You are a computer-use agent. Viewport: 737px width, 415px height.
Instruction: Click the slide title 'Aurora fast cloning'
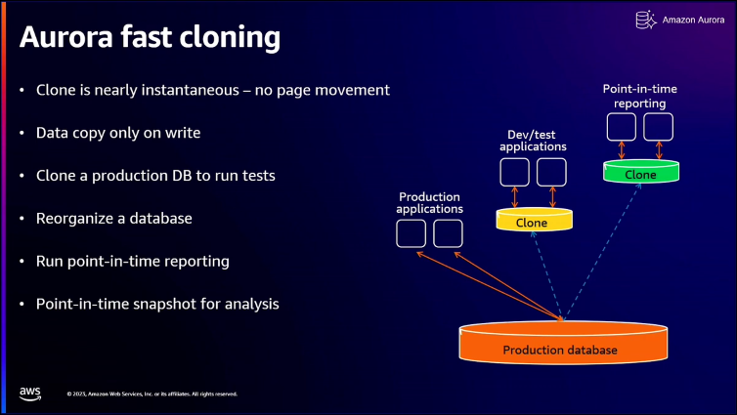click(150, 37)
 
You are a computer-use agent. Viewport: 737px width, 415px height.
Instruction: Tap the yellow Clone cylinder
click(532, 221)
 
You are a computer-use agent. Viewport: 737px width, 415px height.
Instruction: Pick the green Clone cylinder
click(640, 173)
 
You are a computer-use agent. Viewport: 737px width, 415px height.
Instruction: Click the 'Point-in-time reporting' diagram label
click(640, 96)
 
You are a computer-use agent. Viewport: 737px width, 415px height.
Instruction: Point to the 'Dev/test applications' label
click(533, 140)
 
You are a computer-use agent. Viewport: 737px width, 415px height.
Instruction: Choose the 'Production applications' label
click(429, 202)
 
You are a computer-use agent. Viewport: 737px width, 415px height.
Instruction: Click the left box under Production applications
click(411, 233)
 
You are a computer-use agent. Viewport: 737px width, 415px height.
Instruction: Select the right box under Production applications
click(448, 233)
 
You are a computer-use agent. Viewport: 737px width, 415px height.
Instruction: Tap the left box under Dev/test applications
click(514, 172)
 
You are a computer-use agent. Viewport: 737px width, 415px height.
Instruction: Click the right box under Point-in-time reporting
click(659, 126)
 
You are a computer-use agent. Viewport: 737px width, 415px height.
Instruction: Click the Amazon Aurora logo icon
click(644, 20)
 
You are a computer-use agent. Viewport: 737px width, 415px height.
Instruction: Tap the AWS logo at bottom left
click(30, 393)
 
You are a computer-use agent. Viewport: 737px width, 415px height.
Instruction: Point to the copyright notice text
click(152, 394)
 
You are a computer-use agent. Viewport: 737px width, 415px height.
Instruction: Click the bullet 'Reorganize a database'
click(113, 218)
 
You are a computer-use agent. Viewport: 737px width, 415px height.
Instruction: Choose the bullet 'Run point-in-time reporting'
click(133, 261)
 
